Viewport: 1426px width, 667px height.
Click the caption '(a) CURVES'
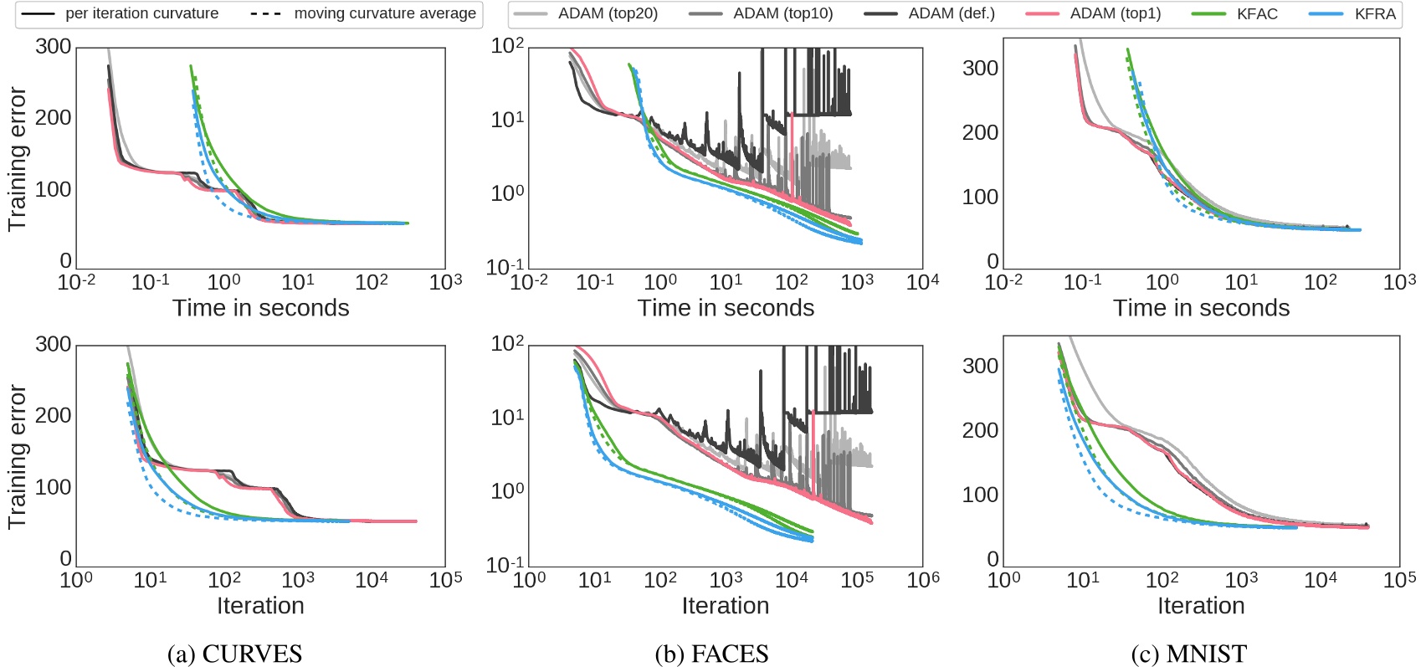(234, 654)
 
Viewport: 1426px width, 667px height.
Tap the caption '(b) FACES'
(711, 654)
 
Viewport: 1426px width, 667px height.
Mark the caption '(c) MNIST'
(1188, 654)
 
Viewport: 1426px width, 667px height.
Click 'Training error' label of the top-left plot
(17, 159)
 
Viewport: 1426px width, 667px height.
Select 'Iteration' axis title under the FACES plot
(725, 606)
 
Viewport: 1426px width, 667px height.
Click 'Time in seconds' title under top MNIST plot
(1201, 308)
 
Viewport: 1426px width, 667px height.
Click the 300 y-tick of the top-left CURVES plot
(53, 47)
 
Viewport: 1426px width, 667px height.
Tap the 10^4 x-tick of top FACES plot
(922, 282)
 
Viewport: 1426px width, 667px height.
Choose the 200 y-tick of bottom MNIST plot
(980, 430)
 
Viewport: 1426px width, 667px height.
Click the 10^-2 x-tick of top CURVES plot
(76, 282)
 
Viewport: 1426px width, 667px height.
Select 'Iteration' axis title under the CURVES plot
(260, 606)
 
